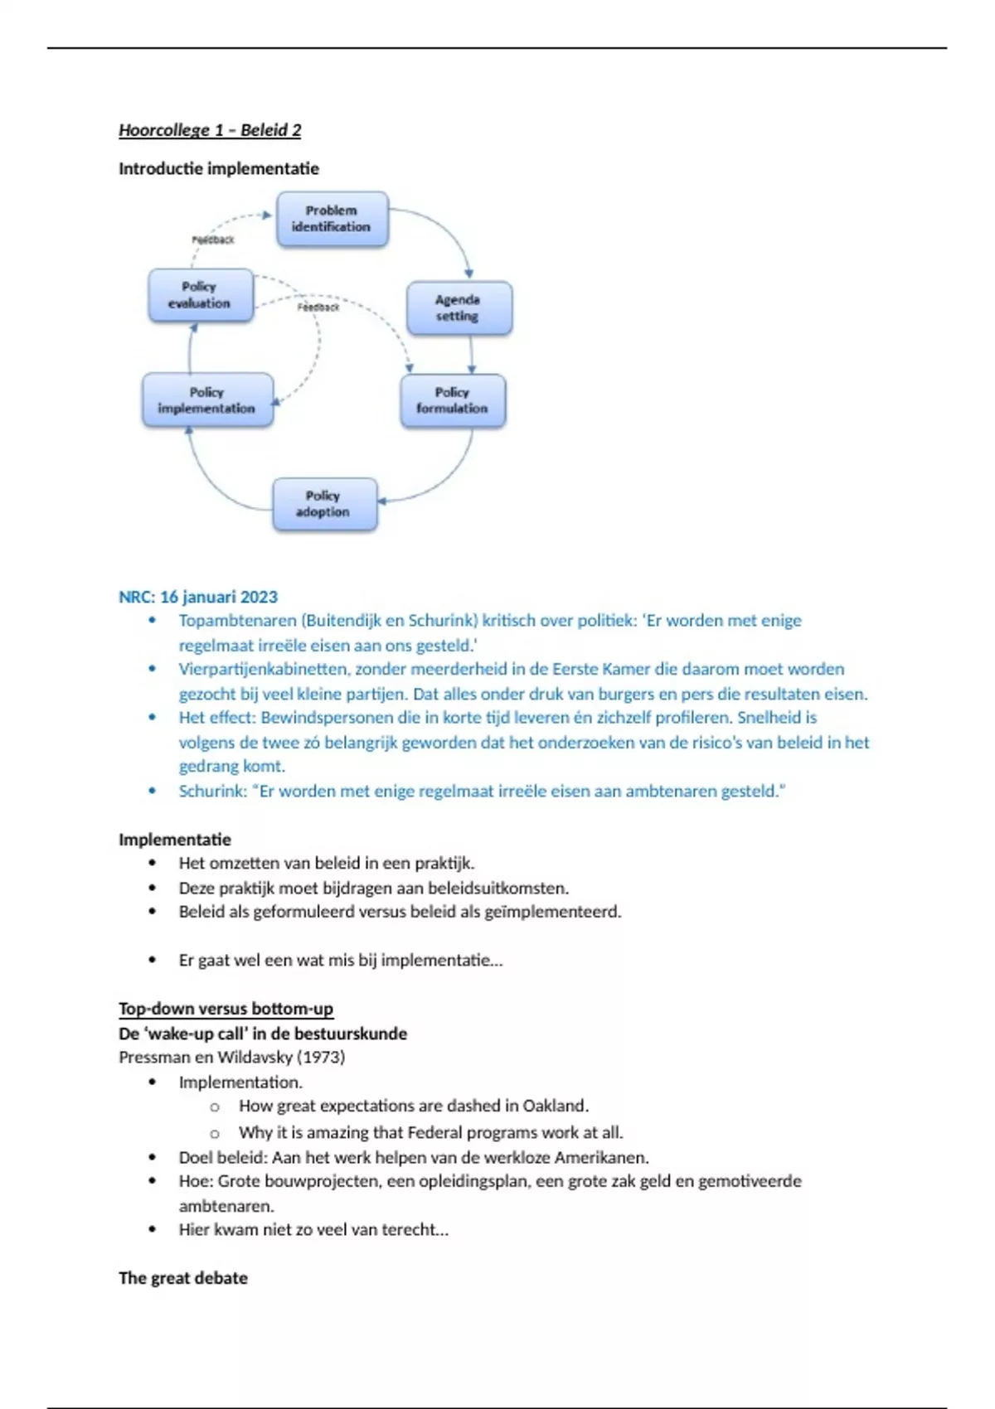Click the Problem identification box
point(332,219)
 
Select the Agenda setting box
point(459,307)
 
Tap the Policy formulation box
point(453,400)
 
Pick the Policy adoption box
point(324,504)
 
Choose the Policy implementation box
point(207,400)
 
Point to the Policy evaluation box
point(200,295)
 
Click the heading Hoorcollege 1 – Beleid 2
point(210,130)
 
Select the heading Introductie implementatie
point(219,169)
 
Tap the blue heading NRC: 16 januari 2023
point(198,597)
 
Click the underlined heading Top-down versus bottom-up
point(226,1009)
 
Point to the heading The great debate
point(183,1278)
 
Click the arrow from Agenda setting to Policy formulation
point(472,355)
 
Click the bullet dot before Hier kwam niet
point(153,1229)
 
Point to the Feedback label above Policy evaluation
point(213,240)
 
